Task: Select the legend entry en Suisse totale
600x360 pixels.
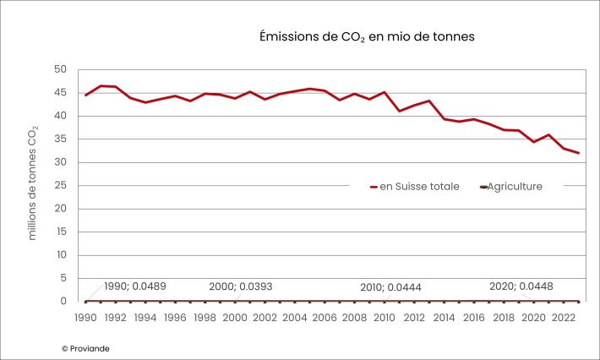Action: (x=414, y=186)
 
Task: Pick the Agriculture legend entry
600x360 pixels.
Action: (x=510, y=186)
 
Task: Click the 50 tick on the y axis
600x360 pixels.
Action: (x=60, y=69)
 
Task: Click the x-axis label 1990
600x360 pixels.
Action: (x=85, y=318)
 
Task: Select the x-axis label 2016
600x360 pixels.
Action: (x=474, y=318)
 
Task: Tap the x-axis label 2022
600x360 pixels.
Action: (x=564, y=318)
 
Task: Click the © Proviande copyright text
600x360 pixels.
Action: (x=85, y=348)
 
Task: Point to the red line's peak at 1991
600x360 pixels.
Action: (x=101, y=85)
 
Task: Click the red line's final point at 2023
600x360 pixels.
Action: (x=579, y=153)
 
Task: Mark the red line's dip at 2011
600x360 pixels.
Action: (x=400, y=111)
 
